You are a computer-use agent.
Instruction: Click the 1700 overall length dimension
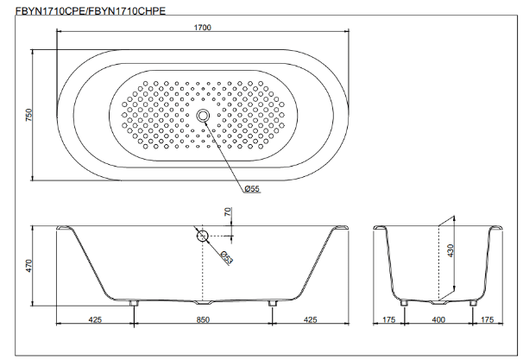tap(203, 28)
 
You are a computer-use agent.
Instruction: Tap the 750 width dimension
tap(29, 115)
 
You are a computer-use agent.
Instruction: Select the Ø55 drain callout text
tap(252, 189)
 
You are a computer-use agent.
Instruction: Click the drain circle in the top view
tap(203, 116)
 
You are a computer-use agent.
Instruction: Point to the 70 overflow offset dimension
tap(228, 212)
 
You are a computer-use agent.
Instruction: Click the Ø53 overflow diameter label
tap(226, 257)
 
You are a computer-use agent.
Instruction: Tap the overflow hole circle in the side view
tap(202, 236)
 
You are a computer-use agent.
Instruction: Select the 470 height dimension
tap(29, 266)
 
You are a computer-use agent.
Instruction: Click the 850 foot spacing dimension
tap(203, 319)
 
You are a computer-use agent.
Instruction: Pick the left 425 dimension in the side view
tap(95, 319)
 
